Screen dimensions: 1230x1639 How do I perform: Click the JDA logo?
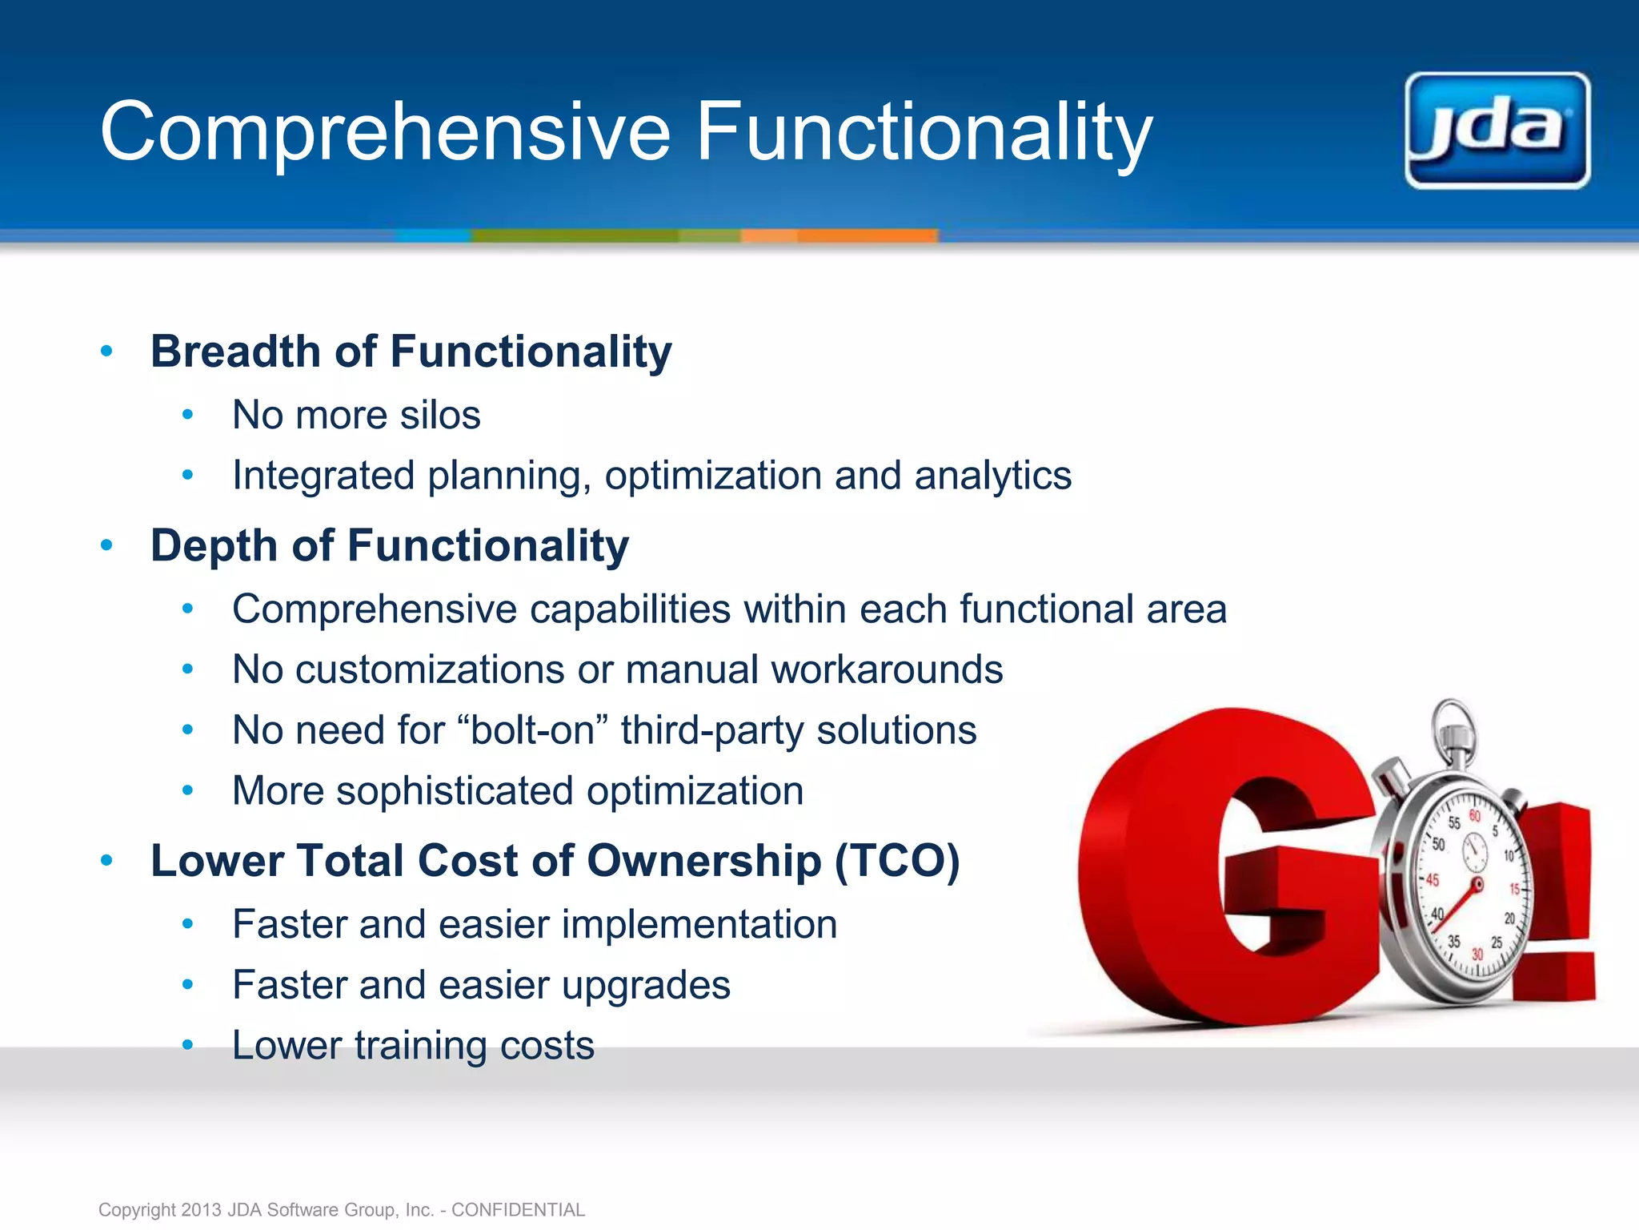click(1497, 131)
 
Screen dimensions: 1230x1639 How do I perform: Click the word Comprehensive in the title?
click(384, 132)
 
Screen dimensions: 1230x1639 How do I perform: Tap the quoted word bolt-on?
click(533, 730)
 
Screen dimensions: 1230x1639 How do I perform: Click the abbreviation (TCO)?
click(897, 861)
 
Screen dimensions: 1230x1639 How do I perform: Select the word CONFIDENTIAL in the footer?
click(518, 1209)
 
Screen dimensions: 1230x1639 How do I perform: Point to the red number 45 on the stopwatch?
click(1432, 880)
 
